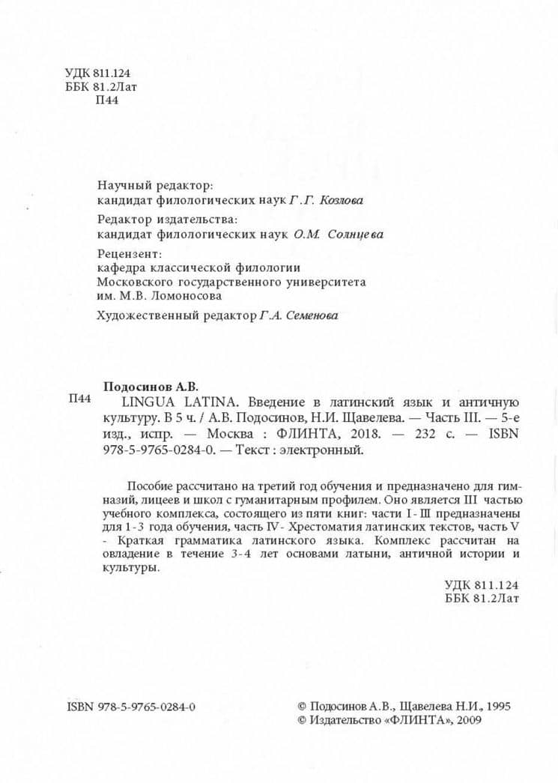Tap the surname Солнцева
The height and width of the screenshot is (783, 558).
click(355, 234)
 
